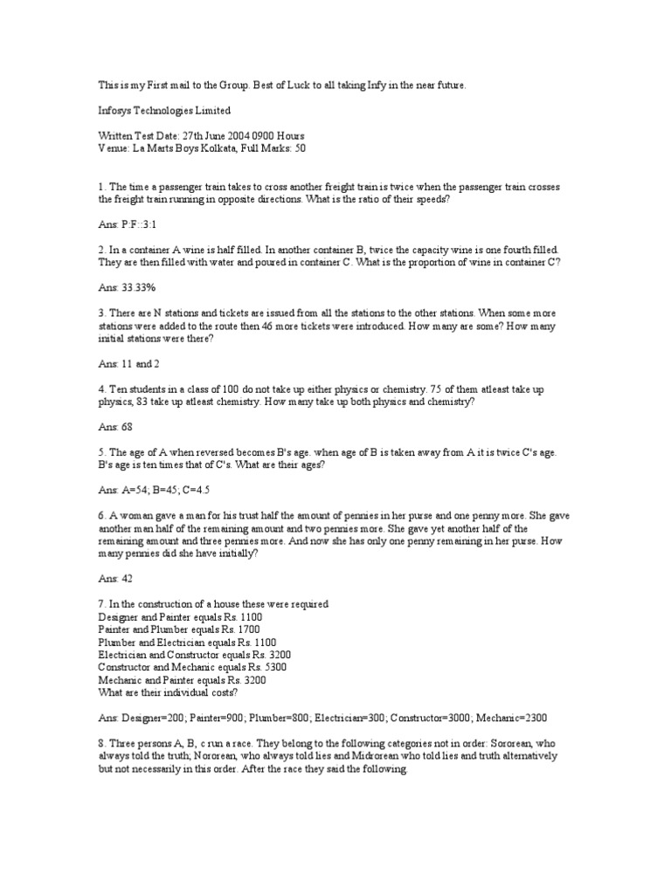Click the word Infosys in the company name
[115, 111]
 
